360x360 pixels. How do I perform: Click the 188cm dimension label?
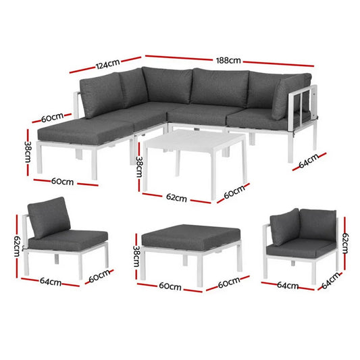point(229,61)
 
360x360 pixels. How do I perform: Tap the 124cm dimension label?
point(107,66)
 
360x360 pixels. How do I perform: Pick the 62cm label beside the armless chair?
point(20,240)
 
